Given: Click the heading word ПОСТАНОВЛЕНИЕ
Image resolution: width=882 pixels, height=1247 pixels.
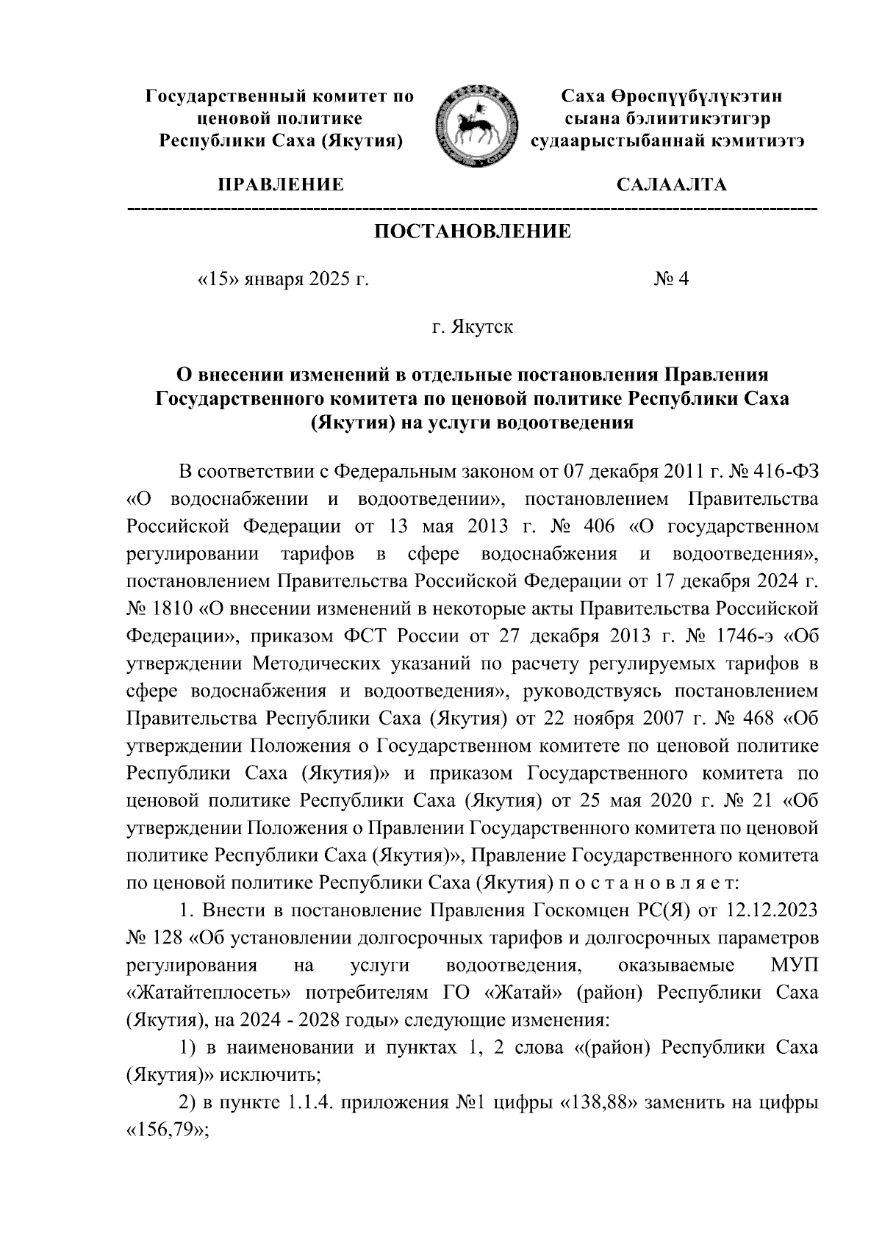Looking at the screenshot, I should (x=473, y=233).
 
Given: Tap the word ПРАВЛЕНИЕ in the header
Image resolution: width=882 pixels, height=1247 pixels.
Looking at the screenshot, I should (x=279, y=184).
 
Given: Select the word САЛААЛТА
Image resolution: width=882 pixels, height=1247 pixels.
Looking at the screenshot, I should (x=671, y=184).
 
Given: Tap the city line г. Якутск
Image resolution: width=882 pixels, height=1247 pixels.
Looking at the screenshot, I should (x=473, y=327).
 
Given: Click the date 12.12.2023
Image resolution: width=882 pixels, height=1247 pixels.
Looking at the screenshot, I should (x=772, y=912).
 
